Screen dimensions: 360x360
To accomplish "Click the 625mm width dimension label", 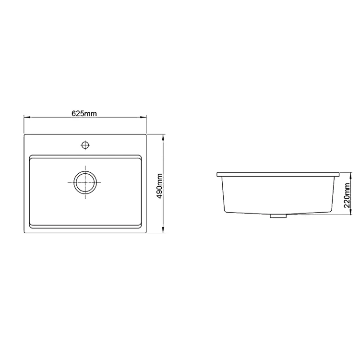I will (x=84, y=114).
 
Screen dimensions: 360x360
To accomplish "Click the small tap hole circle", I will (x=85, y=144).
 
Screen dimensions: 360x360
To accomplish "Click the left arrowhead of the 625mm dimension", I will (x=26, y=117).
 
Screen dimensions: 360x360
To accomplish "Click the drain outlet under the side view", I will (x=277, y=216).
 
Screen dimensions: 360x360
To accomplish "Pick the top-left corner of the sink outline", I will (x=25, y=135).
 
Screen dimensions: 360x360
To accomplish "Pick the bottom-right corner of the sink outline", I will (x=146, y=232).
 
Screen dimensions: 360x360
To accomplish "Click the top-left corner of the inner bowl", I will (x=31, y=156).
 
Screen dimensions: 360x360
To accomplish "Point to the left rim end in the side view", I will (x=217, y=174).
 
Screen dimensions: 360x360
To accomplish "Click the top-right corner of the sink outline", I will (x=146, y=135).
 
